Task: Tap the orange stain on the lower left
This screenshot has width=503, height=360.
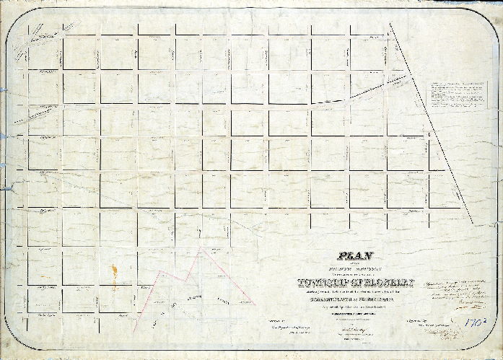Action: click(113, 276)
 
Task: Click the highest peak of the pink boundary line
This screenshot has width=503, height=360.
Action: click(204, 249)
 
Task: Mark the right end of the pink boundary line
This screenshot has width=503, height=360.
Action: click(254, 303)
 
